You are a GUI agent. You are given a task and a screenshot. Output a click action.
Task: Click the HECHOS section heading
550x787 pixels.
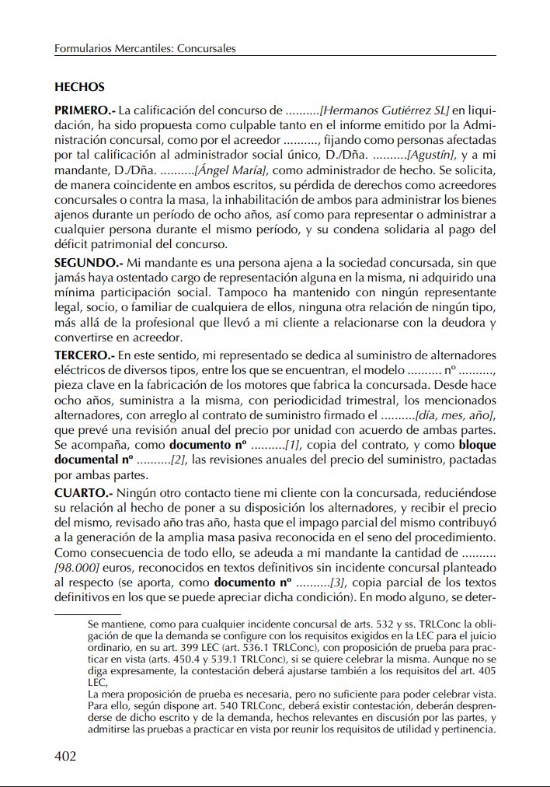(79, 87)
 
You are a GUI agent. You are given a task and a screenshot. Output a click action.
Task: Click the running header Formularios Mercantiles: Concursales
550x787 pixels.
(144, 48)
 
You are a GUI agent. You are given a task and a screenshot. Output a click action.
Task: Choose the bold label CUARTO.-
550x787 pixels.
(82, 492)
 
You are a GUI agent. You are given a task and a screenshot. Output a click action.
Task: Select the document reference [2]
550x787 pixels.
(178, 461)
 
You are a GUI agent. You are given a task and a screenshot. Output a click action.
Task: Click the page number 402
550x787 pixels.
(65, 756)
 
